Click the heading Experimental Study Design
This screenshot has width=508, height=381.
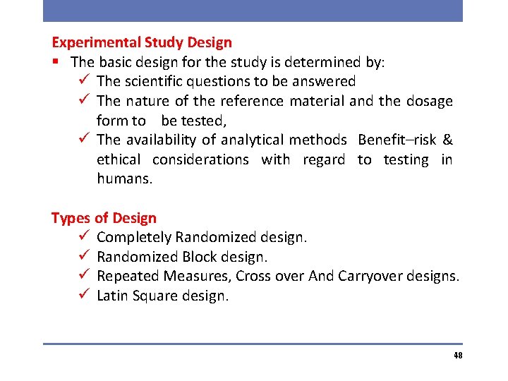[142, 43]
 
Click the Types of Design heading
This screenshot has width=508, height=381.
[104, 218]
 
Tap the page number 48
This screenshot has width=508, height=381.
[458, 356]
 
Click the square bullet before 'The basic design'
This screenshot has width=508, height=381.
[55, 62]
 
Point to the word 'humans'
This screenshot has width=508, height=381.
[123, 179]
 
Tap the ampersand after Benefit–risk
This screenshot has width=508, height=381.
[447, 140]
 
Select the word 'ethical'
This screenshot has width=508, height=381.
[119, 160]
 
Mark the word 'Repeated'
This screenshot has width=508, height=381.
[127, 276]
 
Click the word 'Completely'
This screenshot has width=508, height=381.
[133, 237]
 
